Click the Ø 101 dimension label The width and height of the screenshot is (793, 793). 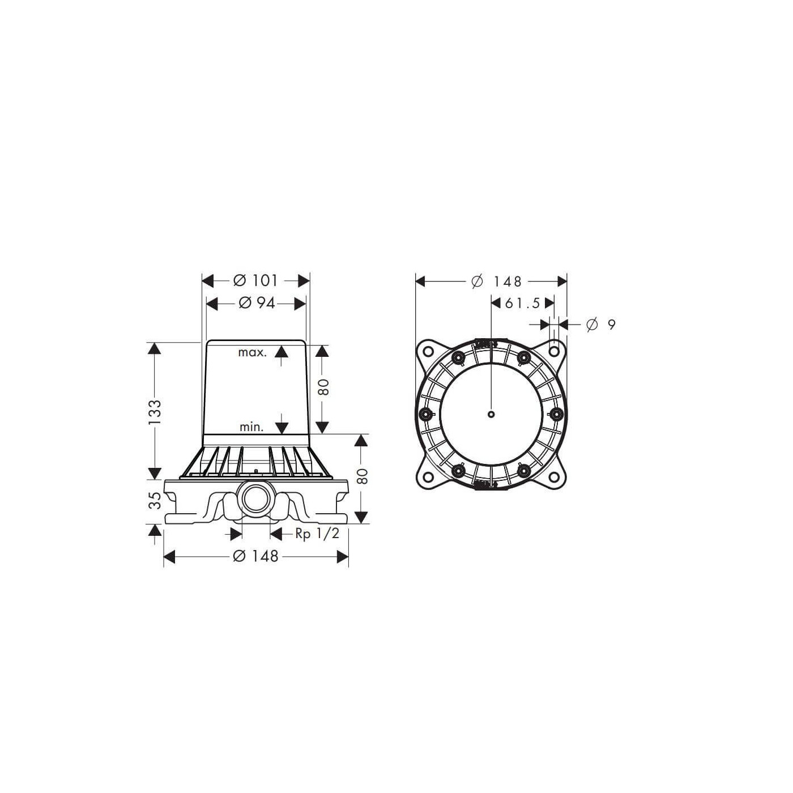[255, 280]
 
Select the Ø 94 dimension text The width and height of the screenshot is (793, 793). [257, 303]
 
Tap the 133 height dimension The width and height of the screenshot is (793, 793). [155, 412]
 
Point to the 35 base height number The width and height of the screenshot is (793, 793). [155, 500]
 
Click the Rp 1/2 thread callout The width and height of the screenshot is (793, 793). [317, 534]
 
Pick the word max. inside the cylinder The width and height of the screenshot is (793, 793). [252, 352]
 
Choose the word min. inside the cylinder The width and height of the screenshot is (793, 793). [251, 427]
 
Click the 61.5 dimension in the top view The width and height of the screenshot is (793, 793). [522, 303]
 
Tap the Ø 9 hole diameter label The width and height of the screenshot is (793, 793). [601, 325]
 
